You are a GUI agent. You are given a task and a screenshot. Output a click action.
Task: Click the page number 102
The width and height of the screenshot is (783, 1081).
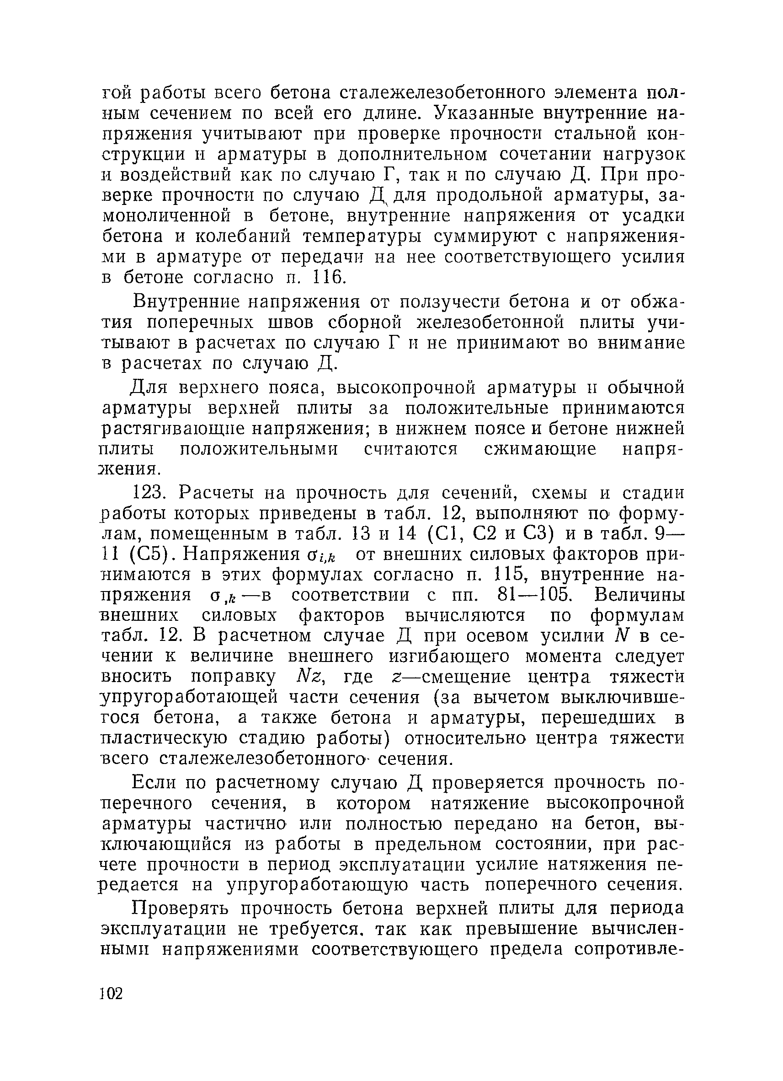[x=112, y=994]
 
